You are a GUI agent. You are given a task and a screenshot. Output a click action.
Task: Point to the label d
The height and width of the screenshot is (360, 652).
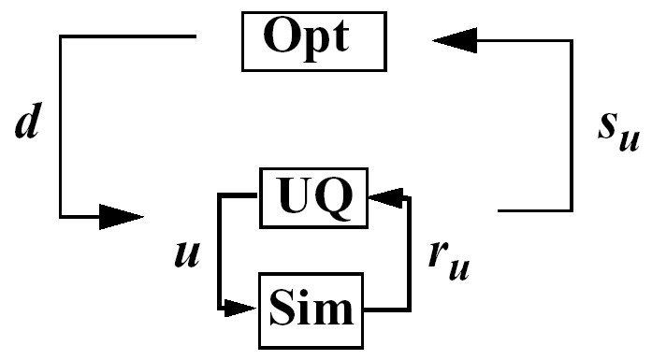[27, 124]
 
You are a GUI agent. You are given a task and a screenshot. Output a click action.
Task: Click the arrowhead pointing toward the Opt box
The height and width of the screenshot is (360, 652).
[455, 40]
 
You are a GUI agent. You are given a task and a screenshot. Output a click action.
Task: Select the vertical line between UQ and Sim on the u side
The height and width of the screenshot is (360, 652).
[219, 252]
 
